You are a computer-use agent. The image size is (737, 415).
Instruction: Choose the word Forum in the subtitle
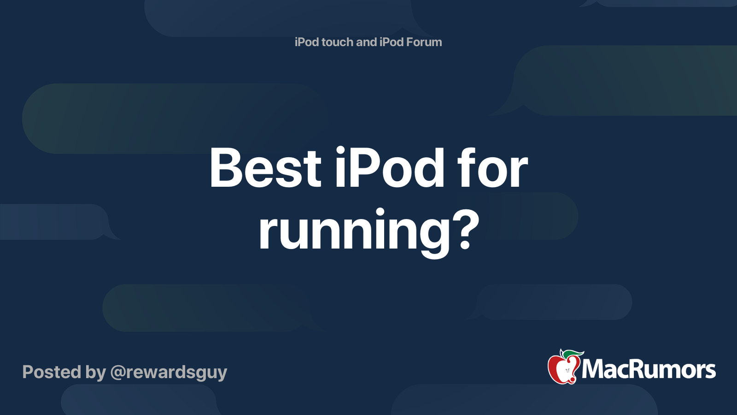point(424,42)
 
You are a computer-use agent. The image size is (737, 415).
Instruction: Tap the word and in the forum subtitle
point(366,42)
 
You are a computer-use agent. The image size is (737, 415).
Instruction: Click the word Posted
point(52,372)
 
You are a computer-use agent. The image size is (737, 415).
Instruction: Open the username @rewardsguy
point(169,373)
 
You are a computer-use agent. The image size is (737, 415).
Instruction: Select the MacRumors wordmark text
point(649,369)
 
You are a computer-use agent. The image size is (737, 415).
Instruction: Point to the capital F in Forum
point(409,42)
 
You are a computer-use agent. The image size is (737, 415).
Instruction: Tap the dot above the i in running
point(380,213)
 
